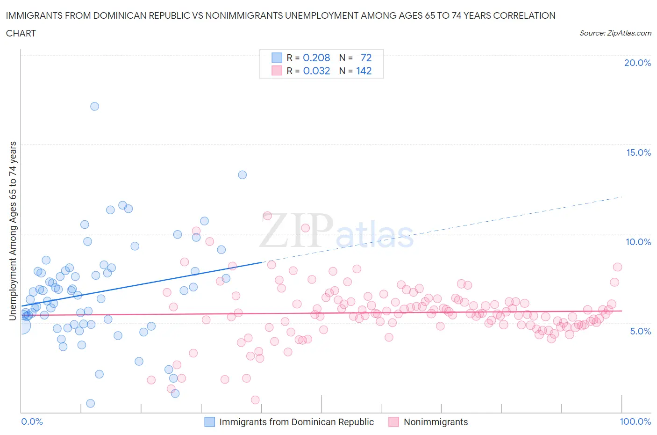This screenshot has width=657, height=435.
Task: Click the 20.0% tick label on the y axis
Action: click(x=637, y=63)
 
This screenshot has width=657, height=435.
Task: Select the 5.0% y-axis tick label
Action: click(x=640, y=331)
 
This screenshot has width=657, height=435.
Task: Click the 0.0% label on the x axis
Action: click(x=32, y=421)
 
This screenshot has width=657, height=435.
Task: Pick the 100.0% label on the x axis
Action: click(x=635, y=421)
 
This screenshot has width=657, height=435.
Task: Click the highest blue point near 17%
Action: click(x=94, y=106)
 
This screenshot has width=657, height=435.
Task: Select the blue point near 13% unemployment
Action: click(x=242, y=174)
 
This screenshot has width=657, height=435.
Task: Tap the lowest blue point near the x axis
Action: click(x=91, y=403)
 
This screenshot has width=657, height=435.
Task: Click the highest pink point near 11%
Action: click(x=267, y=216)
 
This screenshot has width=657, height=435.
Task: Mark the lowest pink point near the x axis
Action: click(x=255, y=399)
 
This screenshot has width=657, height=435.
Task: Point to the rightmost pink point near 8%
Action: click(x=617, y=267)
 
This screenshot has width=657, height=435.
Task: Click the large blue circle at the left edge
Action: click(x=22, y=326)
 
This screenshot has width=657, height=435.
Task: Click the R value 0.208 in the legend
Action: click(x=316, y=58)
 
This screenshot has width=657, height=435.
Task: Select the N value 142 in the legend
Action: click(x=364, y=71)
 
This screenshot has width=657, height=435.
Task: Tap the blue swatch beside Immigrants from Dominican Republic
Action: click(x=210, y=422)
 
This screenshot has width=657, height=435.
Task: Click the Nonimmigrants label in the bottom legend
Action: click(x=436, y=422)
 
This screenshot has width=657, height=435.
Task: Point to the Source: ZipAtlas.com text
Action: click(x=615, y=33)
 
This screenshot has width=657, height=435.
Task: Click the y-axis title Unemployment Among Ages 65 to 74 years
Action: click(x=13, y=231)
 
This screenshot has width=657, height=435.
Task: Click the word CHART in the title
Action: click(x=21, y=33)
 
